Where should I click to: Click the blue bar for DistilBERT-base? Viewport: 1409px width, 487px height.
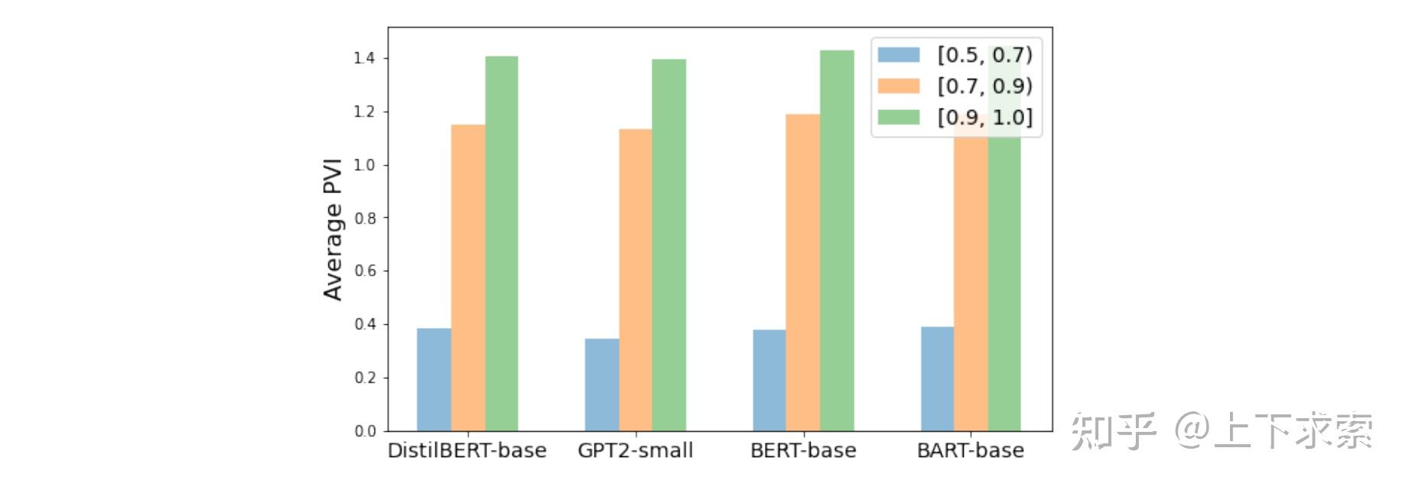[434, 379]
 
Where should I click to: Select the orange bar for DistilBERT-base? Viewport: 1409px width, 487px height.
[467, 278]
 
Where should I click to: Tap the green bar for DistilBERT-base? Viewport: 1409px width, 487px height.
[501, 243]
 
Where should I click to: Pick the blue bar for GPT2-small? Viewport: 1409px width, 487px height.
[601, 385]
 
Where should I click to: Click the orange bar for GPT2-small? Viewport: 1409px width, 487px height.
[635, 280]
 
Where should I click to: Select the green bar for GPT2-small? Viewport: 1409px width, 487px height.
[669, 245]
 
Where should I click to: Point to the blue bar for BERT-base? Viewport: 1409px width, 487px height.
[769, 380]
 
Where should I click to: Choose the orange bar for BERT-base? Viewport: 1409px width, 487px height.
[802, 272]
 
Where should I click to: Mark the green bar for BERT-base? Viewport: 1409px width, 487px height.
[836, 240]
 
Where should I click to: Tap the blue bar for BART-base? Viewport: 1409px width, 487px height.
[937, 378]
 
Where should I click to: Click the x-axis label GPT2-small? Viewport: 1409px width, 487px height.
[635, 450]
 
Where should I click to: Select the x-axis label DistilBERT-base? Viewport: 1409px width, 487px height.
[467, 450]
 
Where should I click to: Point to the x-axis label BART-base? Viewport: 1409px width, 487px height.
[970, 450]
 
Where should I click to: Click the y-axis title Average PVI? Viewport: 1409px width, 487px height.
[333, 229]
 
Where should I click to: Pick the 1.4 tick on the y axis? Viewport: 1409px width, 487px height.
[364, 58]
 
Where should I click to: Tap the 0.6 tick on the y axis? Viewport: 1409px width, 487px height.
[364, 271]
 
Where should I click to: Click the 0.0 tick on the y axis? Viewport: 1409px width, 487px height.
[364, 431]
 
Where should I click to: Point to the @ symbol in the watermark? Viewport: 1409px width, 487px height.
[1191, 430]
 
